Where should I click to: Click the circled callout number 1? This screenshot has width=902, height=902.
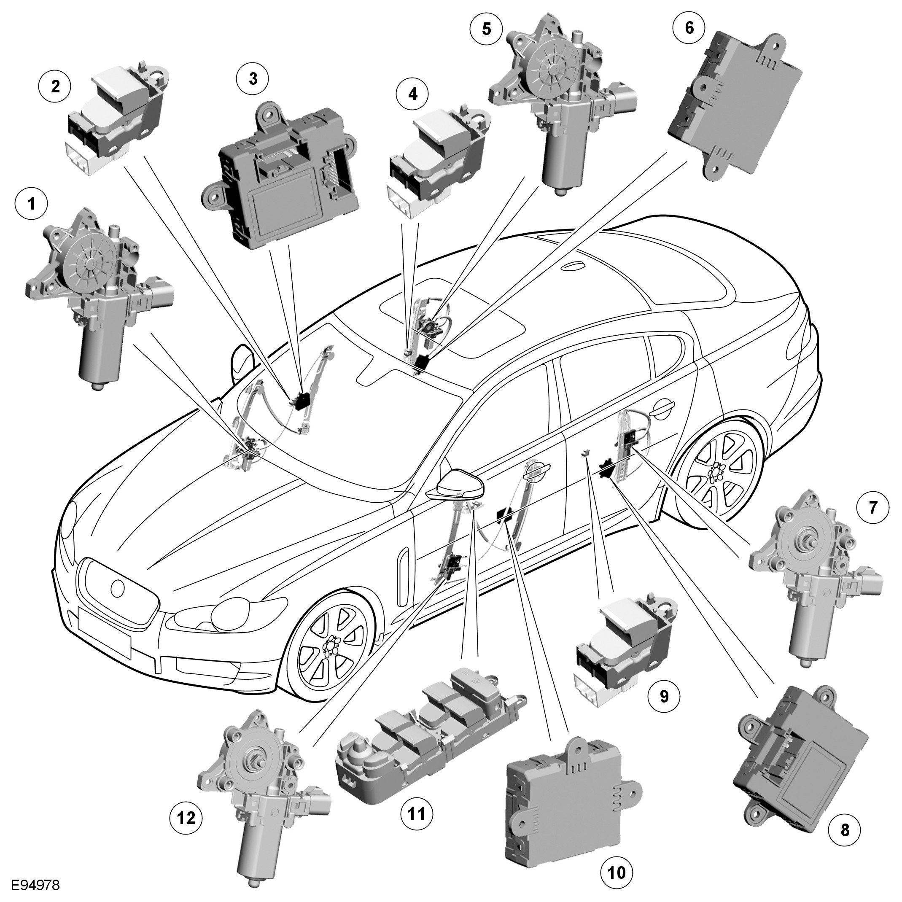[31, 205]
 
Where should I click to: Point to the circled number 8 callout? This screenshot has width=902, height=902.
[845, 844]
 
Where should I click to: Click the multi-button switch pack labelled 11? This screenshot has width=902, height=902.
[430, 731]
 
